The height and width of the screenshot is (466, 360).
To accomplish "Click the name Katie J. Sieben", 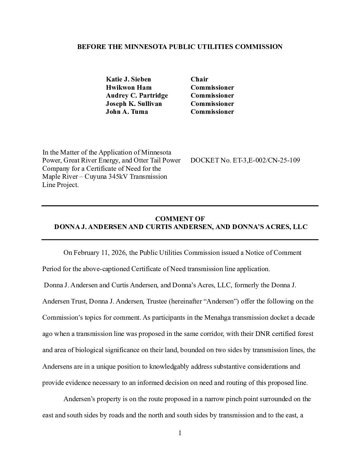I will point(128,79).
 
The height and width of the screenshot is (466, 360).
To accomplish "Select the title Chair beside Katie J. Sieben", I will point(199,79).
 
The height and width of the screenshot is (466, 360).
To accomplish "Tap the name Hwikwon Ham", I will point(129,87).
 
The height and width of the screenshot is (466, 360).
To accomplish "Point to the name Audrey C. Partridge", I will point(137,95).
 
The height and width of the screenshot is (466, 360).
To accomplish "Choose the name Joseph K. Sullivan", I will point(134,104).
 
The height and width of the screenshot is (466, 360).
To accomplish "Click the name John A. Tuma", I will point(127,112).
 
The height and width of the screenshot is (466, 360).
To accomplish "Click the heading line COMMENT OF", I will point(180,219).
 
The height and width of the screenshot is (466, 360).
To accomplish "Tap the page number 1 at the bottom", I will point(180,433).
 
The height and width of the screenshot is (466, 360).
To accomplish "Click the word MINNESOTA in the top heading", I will point(145,47).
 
